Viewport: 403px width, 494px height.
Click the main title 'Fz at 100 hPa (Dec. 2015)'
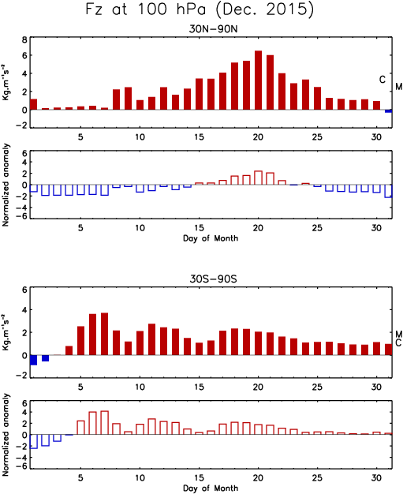point(200,9)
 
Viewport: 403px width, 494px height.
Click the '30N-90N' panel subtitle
point(213,29)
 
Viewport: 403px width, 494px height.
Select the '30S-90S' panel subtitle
point(213,279)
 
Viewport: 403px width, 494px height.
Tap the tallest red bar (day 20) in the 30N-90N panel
point(258,80)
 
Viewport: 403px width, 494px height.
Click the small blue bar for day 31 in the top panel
point(388,111)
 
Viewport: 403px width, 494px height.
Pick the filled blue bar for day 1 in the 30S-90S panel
point(33,360)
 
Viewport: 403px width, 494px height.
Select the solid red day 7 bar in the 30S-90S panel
point(105,334)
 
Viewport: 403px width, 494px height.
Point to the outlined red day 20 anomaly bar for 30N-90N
point(258,178)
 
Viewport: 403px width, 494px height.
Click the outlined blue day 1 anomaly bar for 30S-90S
point(34,441)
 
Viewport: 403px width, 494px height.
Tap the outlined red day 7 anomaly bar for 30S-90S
point(105,423)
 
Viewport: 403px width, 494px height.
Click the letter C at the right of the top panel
point(382,80)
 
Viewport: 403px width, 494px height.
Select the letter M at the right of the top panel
point(399,86)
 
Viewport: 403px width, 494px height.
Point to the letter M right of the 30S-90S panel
point(399,334)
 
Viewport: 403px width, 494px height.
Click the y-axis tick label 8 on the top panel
point(24,40)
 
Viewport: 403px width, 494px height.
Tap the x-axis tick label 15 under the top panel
point(200,137)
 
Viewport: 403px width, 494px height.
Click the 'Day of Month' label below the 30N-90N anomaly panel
point(211,238)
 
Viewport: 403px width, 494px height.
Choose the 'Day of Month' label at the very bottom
point(211,488)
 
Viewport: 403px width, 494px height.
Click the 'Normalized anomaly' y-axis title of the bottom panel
point(6,435)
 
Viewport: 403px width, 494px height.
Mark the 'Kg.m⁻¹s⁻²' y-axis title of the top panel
point(6,82)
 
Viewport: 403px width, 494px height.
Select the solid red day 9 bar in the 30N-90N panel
point(128,99)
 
